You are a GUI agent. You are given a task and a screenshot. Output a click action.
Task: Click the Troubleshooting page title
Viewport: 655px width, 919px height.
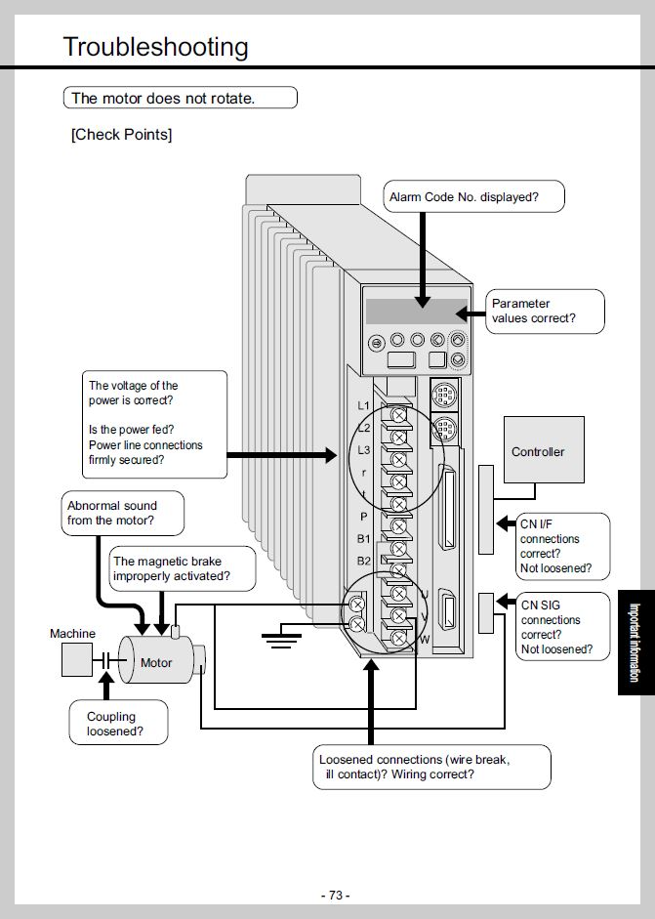[x=155, y=47]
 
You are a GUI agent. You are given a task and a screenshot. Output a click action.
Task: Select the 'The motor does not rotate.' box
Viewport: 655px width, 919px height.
[x=179, y=98]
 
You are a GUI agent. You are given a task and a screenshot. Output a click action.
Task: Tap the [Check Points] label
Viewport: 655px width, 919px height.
[x=121, y=135]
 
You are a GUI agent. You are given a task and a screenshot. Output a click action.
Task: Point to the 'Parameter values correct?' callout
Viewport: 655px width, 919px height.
[x=545, y=312]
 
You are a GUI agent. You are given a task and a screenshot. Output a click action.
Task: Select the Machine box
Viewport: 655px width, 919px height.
[x=74, y=659]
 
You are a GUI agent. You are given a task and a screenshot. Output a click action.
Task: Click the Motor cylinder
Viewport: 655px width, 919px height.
[x=156, y=662]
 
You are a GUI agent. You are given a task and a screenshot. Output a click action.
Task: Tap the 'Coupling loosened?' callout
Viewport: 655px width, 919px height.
[x=114, y=723]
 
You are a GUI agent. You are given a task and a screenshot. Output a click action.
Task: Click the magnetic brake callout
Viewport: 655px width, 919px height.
[x=182, y=569]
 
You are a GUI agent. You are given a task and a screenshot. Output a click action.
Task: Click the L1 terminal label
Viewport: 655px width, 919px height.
[x=364, y=405]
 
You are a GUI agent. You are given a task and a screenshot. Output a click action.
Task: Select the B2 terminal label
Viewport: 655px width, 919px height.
[x=363, y=561]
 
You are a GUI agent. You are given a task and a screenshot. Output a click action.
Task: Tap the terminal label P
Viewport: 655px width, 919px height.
[x=364, y=516]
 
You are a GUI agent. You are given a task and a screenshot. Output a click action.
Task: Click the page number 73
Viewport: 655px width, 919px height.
[x=334, y=895]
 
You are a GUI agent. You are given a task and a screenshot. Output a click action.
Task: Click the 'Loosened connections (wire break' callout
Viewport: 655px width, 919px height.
[x=432, y=767]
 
